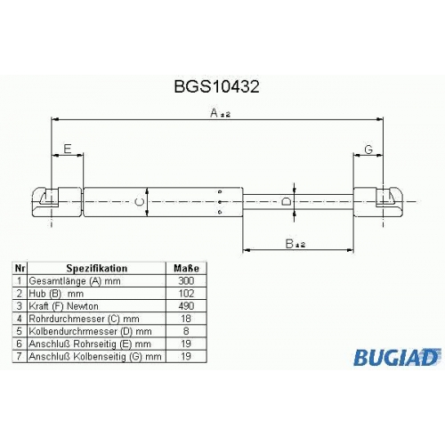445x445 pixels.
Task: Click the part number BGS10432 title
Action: [216, 86]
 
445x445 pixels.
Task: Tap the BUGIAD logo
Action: [397, 357]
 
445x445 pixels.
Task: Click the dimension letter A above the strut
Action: [214, 113]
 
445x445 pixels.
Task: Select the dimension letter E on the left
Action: [68, 149]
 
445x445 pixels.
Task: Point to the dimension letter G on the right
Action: [368, 150]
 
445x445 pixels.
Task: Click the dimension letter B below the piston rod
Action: [289, 244]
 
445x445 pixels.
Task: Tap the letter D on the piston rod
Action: [287, 202]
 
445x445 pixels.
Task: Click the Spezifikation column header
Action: [97, 268]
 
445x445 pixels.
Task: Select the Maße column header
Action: [186, 268]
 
